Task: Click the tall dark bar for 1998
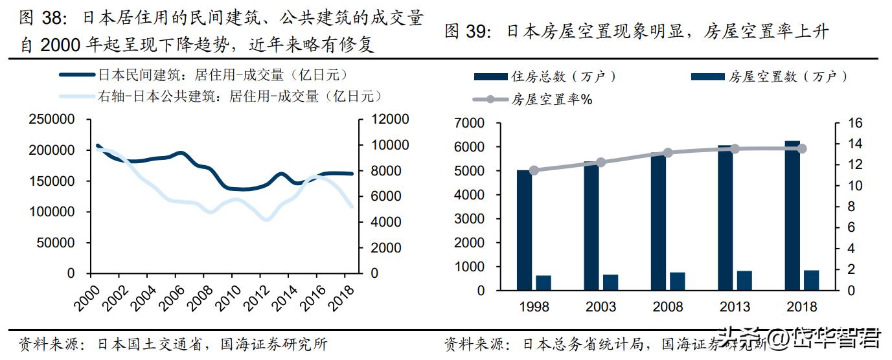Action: pyautogui.click(x=524, y=230)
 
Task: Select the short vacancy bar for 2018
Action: pyautogui.click(x=812, y=280)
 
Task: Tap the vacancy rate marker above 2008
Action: pyautogui.click(x=668, y=153)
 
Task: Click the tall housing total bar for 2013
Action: pyautogui.click(x=725, y=218)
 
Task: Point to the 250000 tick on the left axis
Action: pyautogui.click(x=51, y=120)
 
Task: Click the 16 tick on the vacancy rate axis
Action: pyautogui.click(x=841, y=123)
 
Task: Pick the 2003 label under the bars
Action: pyautogui.click(x=600, y=306)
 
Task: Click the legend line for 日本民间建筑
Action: pyautogui.click(x=76, y=75)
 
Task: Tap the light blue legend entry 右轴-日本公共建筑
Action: pyautogui.click(x=240, y=96)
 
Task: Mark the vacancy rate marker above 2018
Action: pyautogui.click(x=801, y=148)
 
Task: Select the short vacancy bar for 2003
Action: pyautogui.click(x=610, y=282)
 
